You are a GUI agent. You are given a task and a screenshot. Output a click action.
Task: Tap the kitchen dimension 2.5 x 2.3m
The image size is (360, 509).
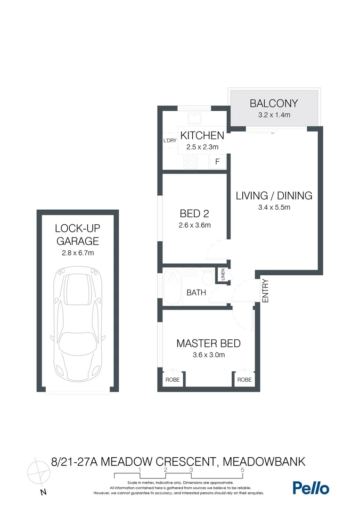[202, 147]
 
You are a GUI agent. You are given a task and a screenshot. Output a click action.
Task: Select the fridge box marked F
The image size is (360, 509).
[217, 162]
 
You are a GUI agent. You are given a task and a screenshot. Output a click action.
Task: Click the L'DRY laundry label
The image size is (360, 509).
[170, 141]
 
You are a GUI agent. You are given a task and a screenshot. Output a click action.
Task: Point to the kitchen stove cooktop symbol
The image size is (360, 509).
[191, 162]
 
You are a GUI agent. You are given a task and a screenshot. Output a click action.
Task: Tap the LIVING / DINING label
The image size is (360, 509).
[274, 195]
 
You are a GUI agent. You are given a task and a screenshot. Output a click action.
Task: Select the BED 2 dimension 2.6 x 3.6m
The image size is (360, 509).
[195, 225]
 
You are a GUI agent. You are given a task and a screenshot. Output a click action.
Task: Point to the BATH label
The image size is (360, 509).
[196, 293]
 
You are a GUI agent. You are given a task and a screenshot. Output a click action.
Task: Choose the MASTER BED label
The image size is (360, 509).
[208, 344]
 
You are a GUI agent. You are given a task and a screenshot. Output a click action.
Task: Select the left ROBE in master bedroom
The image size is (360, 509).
[172, 379]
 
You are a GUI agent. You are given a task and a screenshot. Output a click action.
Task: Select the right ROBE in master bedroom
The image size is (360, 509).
[244, 379]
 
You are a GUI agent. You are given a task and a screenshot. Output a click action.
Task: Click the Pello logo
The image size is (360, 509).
[311, 488]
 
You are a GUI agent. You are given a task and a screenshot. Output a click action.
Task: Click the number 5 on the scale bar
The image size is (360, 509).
[242, 470]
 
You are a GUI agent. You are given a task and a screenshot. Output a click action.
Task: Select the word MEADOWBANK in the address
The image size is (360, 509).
[263, 460]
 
